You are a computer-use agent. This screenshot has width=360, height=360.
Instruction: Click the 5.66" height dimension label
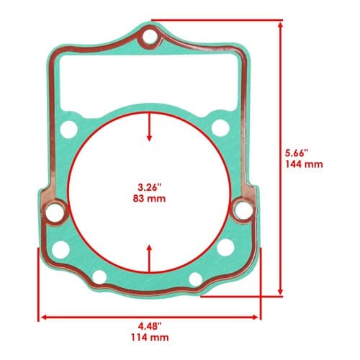(297, 153)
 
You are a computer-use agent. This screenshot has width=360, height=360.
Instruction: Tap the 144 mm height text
(304, 164)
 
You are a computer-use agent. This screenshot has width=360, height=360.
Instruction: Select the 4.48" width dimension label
(150, 326)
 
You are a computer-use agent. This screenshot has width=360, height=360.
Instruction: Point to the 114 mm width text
(150, 338)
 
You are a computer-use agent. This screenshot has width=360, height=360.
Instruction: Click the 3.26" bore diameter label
(149, 187)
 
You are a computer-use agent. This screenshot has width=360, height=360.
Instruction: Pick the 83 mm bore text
(149, 199)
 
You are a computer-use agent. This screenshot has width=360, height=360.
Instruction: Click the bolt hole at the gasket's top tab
(150, 37)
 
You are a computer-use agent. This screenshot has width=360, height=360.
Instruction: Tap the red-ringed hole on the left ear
(55, 212)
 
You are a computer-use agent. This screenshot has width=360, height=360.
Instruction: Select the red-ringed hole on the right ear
(243, 210)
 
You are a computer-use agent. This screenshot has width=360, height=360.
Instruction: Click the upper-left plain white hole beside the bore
(69, 130)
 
